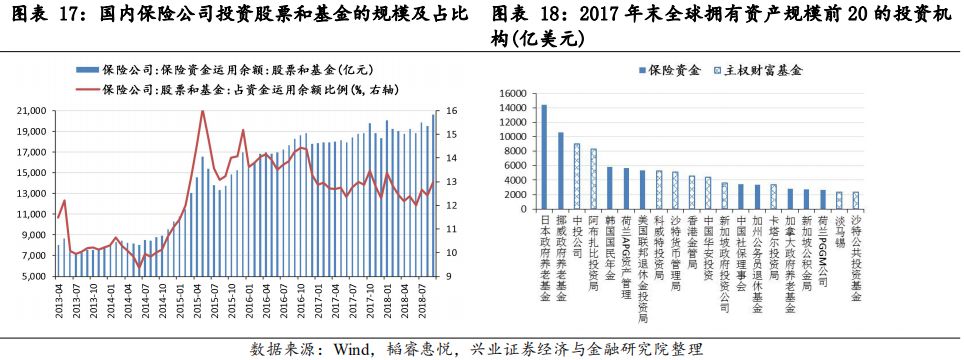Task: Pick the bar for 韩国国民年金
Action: click(609, 189)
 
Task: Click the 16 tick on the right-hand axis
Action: click(453, 110)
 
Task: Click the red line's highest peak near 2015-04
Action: click(203, 111)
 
